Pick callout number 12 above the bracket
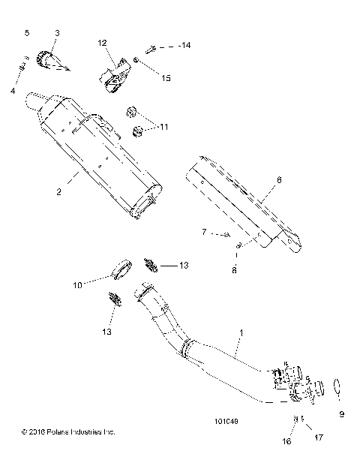point(102,43)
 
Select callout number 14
point(184,47)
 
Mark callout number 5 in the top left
point(28,34)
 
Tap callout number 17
point(319,437)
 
